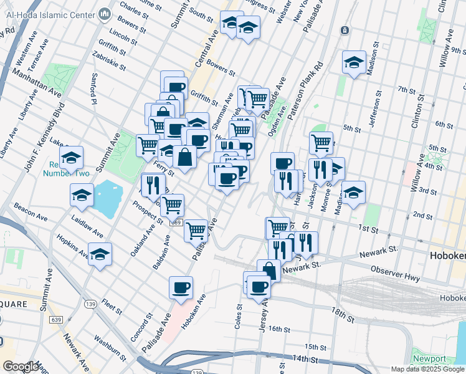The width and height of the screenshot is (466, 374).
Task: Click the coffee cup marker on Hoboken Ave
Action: pos(181,287)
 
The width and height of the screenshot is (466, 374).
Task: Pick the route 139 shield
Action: pos(90,303)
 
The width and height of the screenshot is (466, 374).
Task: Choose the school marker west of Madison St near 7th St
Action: pos(354,62)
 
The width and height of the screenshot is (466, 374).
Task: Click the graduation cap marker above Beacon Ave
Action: pos(82,195)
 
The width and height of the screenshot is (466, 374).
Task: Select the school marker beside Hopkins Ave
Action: pos(100,254)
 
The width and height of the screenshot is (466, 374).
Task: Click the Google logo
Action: pos(21,367)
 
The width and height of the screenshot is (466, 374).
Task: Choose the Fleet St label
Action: pos(112,307)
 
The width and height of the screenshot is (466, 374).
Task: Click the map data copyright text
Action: pos(427,369)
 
